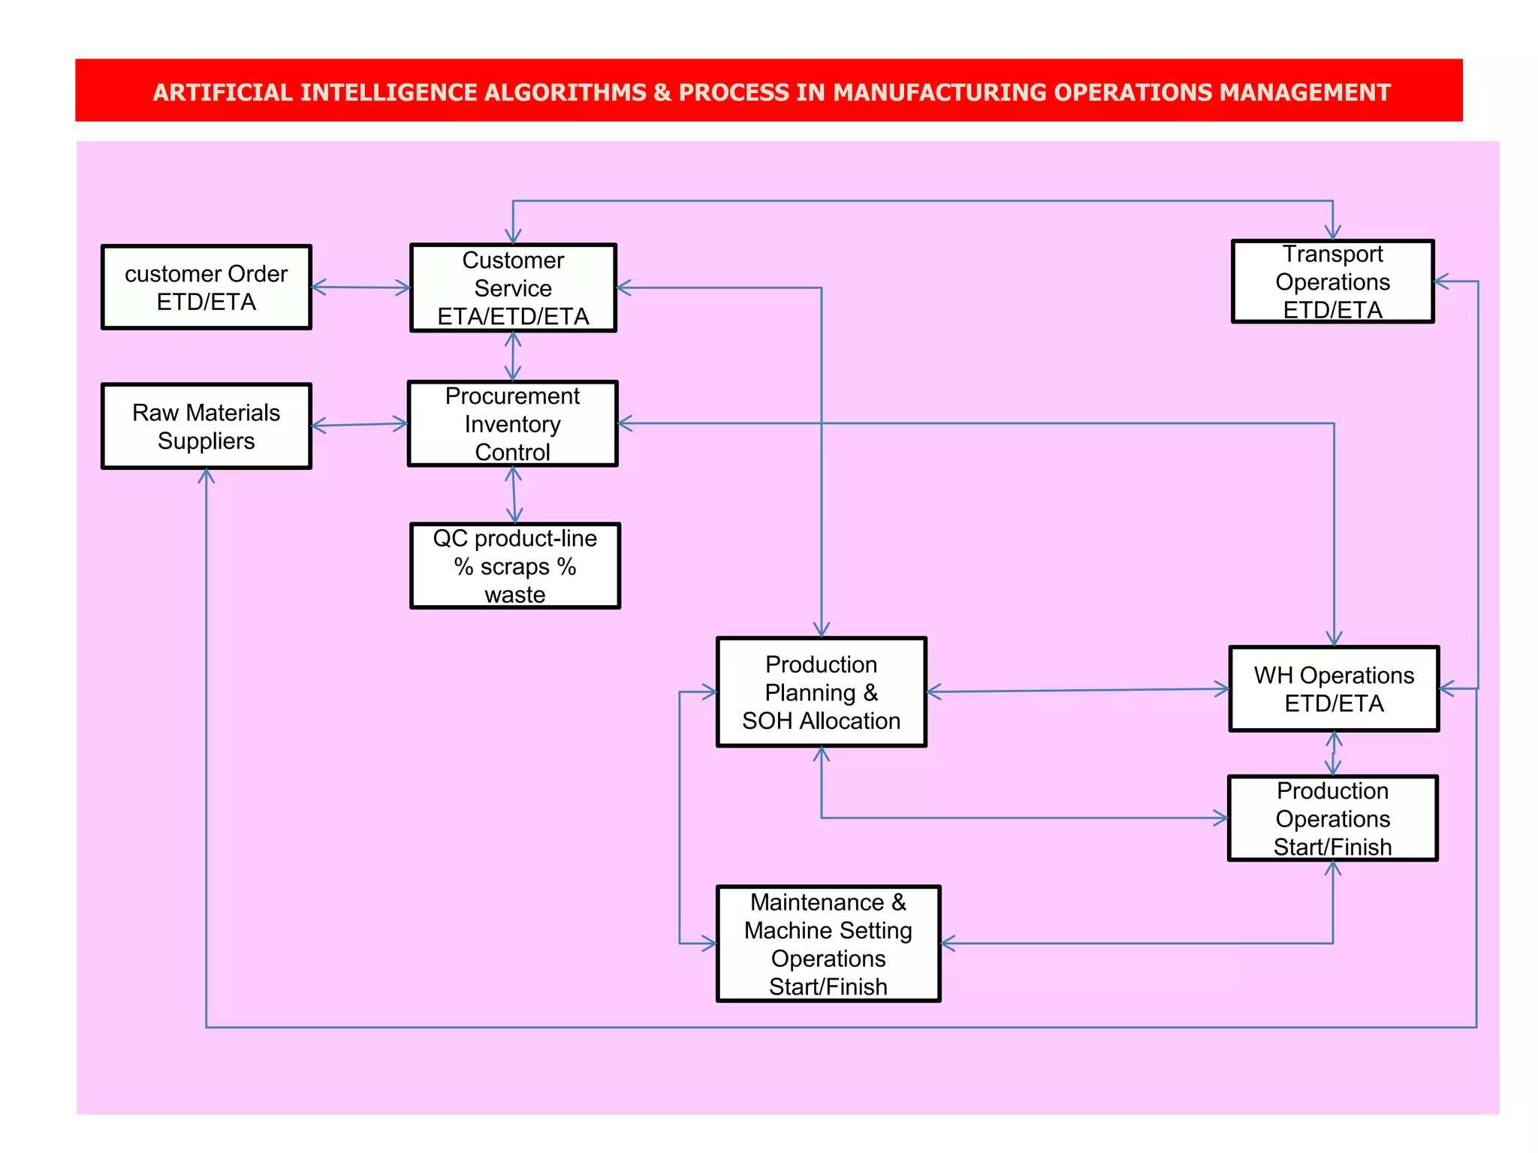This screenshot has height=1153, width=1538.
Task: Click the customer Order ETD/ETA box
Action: click(207, 287)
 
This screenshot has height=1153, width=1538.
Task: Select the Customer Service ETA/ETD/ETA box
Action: click(513, 288)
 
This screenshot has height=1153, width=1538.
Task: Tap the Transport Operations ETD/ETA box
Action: click(1332, 281)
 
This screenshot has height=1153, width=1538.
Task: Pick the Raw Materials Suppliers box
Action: click(207, 426)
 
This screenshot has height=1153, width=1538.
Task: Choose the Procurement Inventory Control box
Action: click(513, 424)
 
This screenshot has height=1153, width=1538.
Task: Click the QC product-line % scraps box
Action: click(515, 566)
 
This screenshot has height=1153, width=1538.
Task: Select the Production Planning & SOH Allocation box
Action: click(822, 692)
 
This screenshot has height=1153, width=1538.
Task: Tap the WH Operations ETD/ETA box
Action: click(1334, 689)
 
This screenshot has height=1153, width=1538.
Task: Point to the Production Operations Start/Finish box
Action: click(1332, 818)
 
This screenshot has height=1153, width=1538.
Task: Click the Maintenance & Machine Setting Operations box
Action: click(828, 944)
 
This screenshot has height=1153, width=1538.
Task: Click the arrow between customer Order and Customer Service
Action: click(361, 287)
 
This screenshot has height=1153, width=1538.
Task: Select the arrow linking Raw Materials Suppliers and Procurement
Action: click(360, 425)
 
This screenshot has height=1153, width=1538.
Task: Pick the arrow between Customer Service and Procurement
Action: click(513, 357)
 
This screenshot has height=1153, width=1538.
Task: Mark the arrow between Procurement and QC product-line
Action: click(514, 495)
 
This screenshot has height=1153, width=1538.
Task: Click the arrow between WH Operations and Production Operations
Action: click(1333, 754)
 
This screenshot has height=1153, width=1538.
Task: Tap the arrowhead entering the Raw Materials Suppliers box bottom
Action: click(207, 476)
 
